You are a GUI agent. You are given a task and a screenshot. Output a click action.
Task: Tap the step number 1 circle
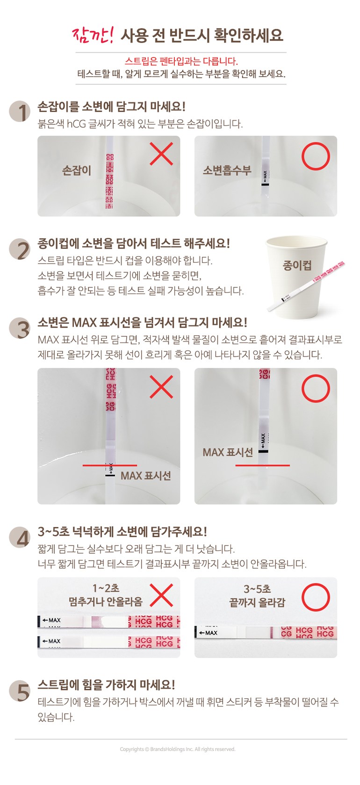(20, 111)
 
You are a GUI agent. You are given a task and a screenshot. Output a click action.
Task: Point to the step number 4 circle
(20, 537)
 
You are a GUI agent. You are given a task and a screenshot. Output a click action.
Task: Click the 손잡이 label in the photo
(77, 170)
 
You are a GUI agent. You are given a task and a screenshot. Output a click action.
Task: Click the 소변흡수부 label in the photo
(227, 170)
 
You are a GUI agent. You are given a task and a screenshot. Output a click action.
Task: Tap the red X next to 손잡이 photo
(161, 153)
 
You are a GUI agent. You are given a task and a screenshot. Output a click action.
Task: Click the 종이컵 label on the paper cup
(297, 265)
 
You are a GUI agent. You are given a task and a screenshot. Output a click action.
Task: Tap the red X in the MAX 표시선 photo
(161, 386)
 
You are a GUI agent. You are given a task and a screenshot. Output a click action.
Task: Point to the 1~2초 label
(106, 588)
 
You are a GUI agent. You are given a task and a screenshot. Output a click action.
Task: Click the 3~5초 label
(257, 589)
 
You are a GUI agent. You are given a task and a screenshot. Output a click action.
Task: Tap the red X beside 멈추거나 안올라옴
(161, 595)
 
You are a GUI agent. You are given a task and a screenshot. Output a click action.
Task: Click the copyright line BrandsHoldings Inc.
(177, 749)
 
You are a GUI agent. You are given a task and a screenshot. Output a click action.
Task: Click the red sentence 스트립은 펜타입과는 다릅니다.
(181, 61)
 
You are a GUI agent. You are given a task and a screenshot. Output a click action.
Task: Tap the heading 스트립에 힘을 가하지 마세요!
(106, 684)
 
